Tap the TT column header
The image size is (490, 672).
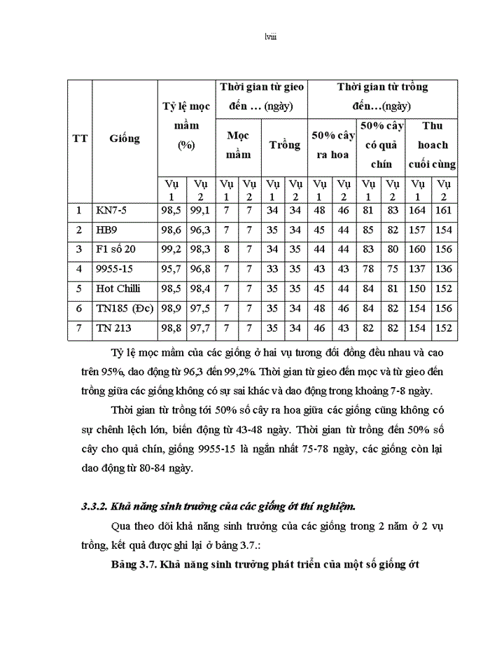pyautogui.click(x=80, y=139)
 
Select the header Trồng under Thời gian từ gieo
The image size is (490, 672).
pyautogui.click(x=285, y=146)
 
